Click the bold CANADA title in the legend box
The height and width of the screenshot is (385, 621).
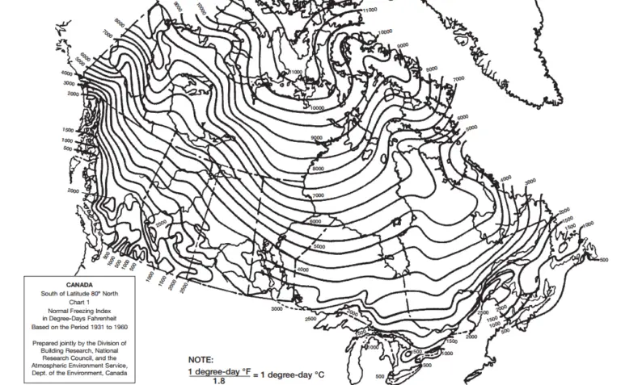79,284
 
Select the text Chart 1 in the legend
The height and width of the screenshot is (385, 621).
79,301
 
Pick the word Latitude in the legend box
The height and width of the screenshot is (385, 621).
78,293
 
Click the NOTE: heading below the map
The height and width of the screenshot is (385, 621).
201,359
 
